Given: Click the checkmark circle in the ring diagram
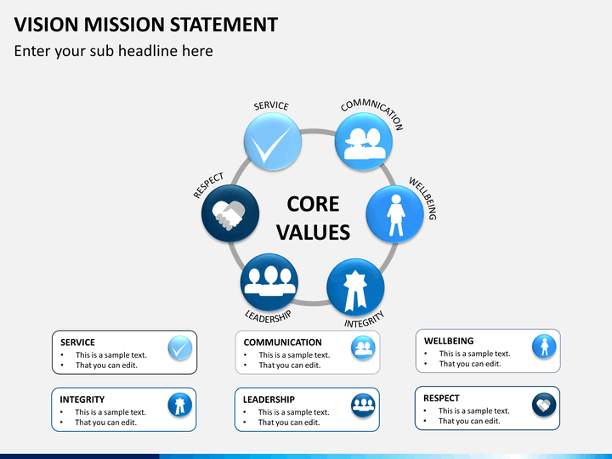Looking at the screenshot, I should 272,141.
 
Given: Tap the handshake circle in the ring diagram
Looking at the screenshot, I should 229,214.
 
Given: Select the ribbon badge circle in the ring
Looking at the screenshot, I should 355,288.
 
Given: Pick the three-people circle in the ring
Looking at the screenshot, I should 269,282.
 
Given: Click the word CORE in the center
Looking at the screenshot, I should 313,204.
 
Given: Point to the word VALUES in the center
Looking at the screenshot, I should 313,232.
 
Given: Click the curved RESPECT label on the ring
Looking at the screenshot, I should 208,185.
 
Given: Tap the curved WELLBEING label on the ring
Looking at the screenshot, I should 422,198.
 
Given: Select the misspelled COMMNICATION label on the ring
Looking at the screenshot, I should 371,114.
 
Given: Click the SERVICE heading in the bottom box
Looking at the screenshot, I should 77,343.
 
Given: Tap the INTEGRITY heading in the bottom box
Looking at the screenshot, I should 82,399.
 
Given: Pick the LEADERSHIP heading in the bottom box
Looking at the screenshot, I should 269,399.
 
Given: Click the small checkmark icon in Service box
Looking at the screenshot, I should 179,348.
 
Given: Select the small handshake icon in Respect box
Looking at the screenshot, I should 544,405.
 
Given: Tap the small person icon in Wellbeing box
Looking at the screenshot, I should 544,347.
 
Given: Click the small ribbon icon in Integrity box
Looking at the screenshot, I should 179,405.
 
